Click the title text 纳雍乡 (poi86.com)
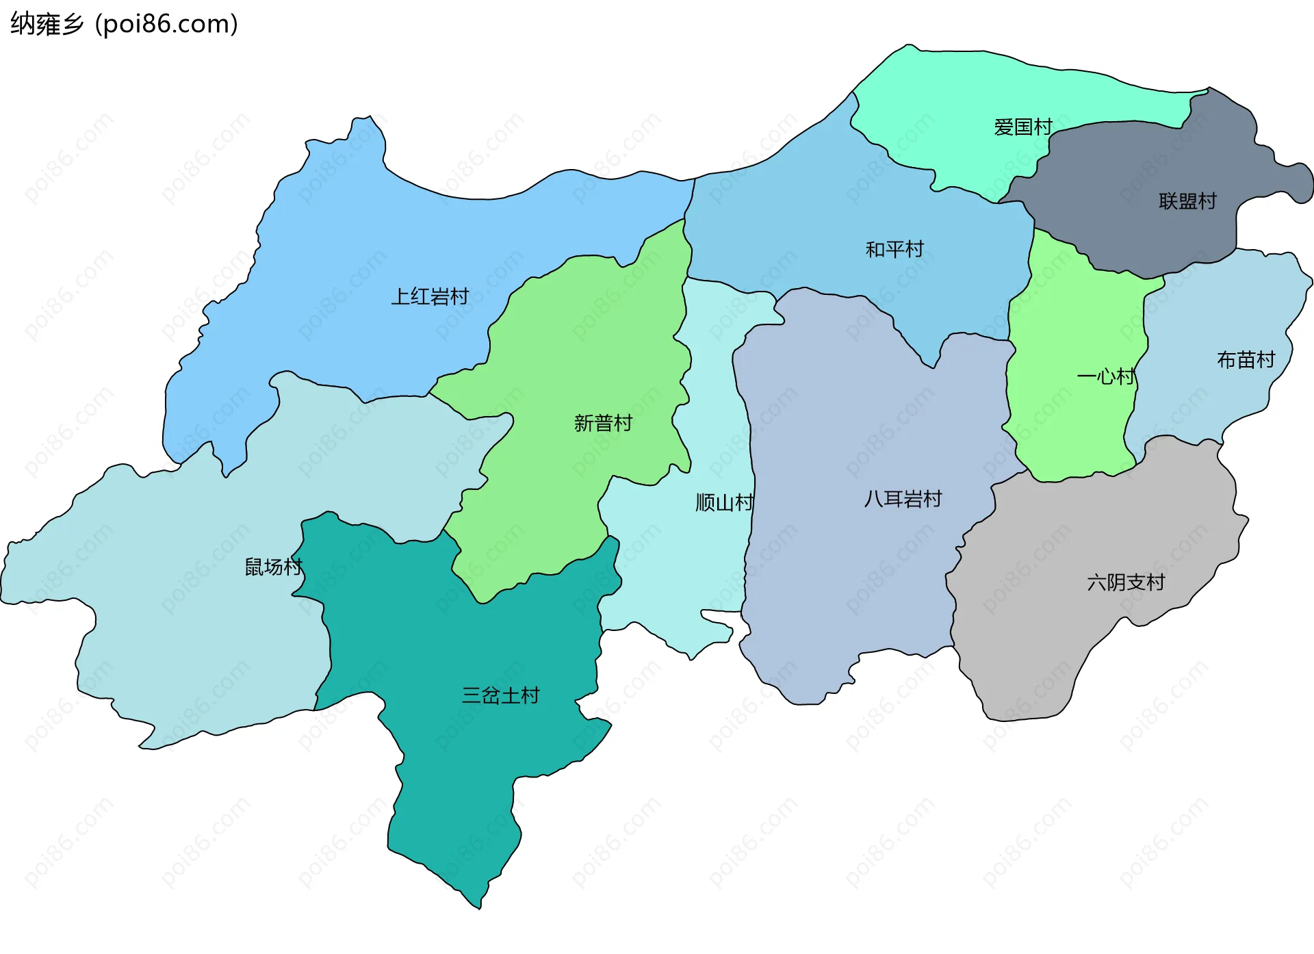point(124,24)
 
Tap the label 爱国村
point(1022,127)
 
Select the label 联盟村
point(1187,201)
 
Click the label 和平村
point(894,249)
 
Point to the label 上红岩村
point(430,296)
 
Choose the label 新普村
point(603,423)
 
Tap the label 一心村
point(1106,376)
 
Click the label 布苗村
point(1246,360)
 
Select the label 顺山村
point(724,503)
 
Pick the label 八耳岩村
point(903,499)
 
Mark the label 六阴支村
point(1126,582)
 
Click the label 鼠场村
point(273,567)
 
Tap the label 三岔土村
point(500,695)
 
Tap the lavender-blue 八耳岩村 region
point(855,582)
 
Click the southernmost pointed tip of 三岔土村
point(479,907)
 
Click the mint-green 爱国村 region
point(958,89)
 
